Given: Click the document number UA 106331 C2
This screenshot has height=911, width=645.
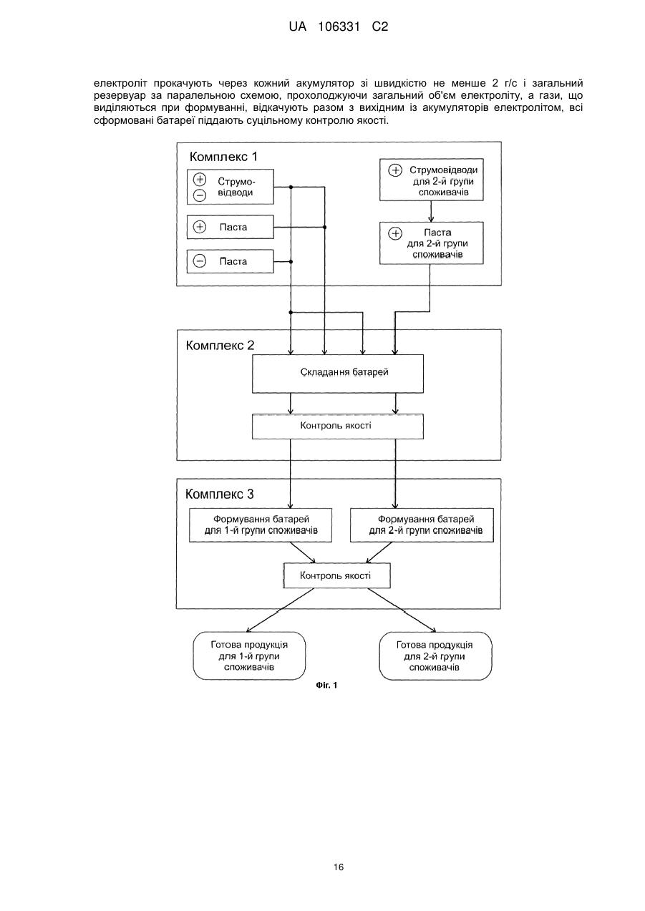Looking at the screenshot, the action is pyautogui.click(x=339, y=27).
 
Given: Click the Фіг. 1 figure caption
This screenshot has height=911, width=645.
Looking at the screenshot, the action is pyautogui.click(x=326, y=686).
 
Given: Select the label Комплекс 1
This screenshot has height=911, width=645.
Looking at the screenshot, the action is pyautogui.click(x=223, y=157).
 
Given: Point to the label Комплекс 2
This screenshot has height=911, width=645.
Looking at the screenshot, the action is pyautogui.click(x=220, y=345).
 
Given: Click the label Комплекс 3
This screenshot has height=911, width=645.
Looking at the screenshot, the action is pyautogui.click(x=219, y=494).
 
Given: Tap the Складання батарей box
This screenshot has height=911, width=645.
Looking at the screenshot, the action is pyautogui.click(x=338, y=374).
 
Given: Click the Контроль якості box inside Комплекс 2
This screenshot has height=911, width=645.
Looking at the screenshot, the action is pyautogui.click(x=338, y=427).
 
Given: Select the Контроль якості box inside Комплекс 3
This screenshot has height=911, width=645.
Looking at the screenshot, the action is pyautogui.click(x=337, y=575).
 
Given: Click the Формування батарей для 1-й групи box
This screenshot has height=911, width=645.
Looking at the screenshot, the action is pyautogui.click(x=261, y=525).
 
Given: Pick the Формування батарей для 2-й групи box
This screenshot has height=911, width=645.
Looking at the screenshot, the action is pyautogui.click(x=422, y=525).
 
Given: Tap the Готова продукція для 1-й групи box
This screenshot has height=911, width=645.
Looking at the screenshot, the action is pyautogui.click(x=249, y=656).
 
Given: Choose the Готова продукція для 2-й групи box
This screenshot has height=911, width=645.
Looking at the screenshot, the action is pyautogui.click(x=435, y=656).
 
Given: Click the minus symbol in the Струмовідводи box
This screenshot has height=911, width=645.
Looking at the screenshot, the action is pyautogui.click(x=200, y=195).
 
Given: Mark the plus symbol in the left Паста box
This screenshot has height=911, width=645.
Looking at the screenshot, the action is pyautogui.click(x=200, y=227).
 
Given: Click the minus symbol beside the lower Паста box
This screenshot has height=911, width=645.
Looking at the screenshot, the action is pyautogui.click(x=200, y=261).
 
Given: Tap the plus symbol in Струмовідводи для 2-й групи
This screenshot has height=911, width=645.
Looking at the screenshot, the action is pyautogui.click(x=395, y=170).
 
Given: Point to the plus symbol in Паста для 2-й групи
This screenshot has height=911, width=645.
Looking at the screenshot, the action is pyautogui.click(x=395, y=233).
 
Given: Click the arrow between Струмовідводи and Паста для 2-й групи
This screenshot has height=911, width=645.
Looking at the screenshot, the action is pyautogui.click(x=432, y=211).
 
